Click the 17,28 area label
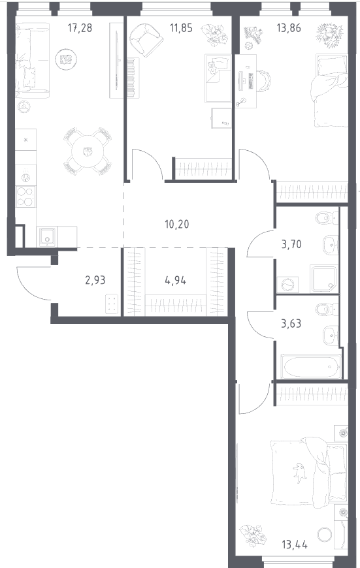tap(80, 27)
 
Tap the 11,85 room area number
tap(181, 27)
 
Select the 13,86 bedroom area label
tap(289, 27)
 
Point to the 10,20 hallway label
tap(176, 224)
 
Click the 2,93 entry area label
tap(95, 279)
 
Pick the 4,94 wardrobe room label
tap(176, 279)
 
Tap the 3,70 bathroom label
tap(291, 245)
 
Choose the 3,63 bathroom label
tap(291, 323)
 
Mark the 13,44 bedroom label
tap(295, 544)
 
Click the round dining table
tap(88, 151)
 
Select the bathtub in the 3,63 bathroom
tap(311, 367)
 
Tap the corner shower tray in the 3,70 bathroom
tap(324, 279)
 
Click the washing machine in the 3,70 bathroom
tap(287, 285)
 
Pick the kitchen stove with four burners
tap(25, 197)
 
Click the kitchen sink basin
tap(48, 236)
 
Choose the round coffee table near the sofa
tap(66, 59)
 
